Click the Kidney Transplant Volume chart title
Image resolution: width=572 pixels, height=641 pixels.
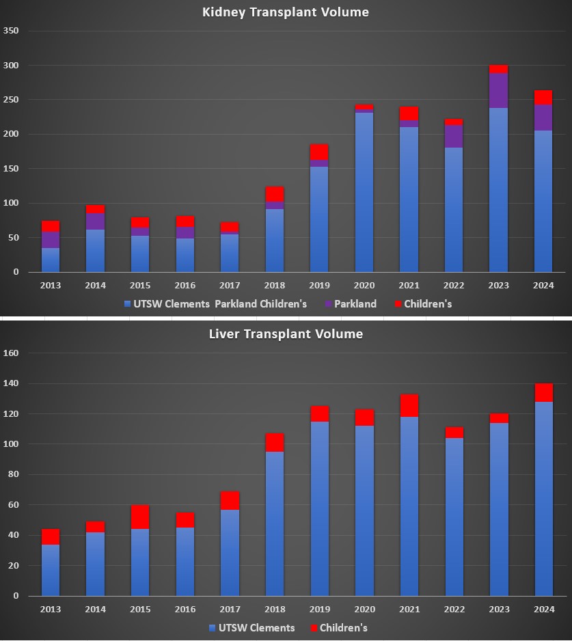(x=286, y=12)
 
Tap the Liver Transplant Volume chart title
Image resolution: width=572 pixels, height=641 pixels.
(x=286, y=334)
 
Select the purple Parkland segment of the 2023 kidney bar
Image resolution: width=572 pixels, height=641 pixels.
(x=499, y=90)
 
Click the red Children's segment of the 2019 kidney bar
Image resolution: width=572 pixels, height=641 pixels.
(x=319, y=152)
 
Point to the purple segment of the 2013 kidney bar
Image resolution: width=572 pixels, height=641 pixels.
(x=51, y=240)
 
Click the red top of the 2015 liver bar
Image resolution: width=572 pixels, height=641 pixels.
(x=140, y=517)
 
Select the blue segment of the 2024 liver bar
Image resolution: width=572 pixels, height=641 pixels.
(x=544, y=499)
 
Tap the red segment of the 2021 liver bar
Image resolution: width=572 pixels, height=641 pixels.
(x=409, y=406)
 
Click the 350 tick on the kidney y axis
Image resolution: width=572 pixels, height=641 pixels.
(x=11, y=31)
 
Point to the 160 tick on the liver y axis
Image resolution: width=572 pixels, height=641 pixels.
(x=11, y=353)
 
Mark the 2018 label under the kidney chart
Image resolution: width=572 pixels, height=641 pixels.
(x=275, y=285)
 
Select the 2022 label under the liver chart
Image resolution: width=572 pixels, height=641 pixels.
(x=454, y=609)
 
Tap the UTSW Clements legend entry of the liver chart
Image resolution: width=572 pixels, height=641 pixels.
(x=253, y=628)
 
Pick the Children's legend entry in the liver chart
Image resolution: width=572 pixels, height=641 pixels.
(x=343, y=628)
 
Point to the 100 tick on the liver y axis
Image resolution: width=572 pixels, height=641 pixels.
(x=11, y=444)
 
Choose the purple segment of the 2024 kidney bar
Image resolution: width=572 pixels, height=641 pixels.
(x=544, y=118)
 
